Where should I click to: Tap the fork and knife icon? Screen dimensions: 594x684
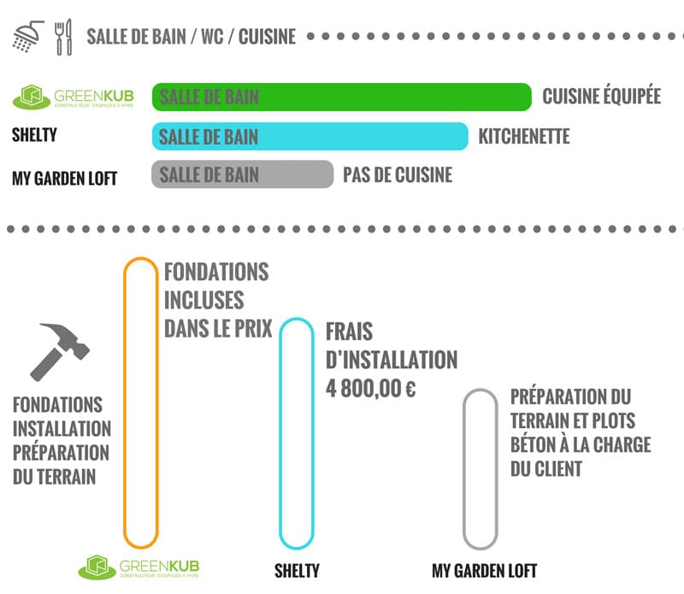(x=64, y=38)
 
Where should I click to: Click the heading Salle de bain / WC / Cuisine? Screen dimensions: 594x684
(x=191, y=37)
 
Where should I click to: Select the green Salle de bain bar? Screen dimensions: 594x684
(x=342, y=97)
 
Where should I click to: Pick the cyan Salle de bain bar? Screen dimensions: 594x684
(x=310, y=137)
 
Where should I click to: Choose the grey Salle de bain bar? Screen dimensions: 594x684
(x=243, y=174)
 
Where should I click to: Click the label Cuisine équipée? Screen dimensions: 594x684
(x=601, y=97)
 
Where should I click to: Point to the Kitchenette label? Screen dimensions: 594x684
(x=523, y=137)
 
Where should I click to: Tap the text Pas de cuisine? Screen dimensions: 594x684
(x=398, y=175)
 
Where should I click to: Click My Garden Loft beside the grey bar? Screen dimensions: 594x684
(x=65, y=178)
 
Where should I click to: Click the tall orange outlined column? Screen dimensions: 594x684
(x=141, y=402)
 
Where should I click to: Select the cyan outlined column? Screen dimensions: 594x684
(x=298, y=432)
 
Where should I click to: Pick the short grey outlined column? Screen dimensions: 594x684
(x=480, y=468)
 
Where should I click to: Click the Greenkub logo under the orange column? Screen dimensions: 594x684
(x=142, y=568)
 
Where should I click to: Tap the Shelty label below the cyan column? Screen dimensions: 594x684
(x=297, y=570)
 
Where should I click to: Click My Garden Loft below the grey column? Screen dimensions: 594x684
(x=484, y=570)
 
